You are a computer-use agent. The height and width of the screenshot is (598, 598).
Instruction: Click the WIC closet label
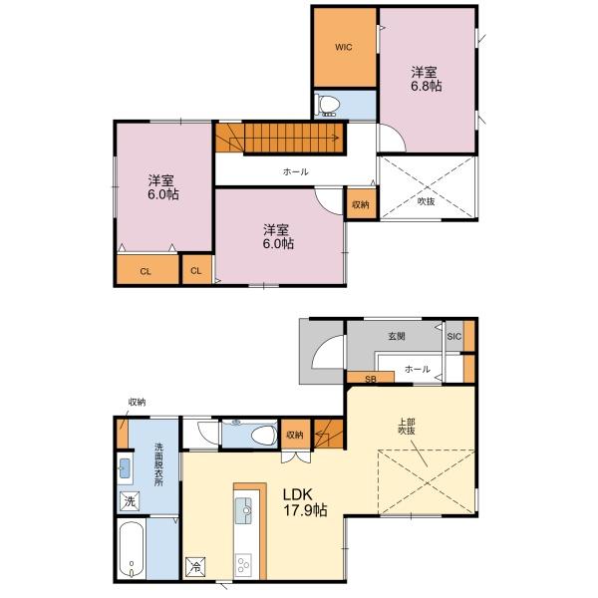[344, 47]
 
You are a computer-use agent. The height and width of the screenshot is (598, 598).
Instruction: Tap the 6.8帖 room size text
[426, 86]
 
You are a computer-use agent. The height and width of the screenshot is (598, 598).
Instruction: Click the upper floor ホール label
[296, 172]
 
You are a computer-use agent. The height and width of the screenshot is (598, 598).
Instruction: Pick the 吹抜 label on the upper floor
[426, 201]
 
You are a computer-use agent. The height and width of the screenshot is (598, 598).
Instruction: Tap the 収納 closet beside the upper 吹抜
[361, 204]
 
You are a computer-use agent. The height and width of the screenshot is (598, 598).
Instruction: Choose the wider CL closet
[148, 270]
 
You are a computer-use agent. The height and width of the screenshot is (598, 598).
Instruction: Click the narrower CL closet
[196, 270]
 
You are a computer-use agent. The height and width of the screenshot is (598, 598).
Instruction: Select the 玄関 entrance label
[397, 336]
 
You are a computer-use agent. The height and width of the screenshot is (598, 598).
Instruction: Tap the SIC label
[453, 337]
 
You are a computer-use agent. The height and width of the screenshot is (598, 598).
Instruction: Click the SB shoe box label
[371, 379]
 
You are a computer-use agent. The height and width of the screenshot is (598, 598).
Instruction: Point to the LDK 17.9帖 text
[305, 502]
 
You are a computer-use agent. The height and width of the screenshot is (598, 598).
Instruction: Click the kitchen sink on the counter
[243, 510]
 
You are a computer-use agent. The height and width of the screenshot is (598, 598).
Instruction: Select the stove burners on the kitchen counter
[243, 564]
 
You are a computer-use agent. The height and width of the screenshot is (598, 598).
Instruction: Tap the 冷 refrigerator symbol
[195, 567]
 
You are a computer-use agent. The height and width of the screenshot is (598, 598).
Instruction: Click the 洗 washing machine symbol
[130, 501]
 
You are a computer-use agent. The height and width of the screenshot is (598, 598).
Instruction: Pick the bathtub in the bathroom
[132, 548]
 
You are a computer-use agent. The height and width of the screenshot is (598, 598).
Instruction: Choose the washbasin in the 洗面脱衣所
[125, 468]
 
